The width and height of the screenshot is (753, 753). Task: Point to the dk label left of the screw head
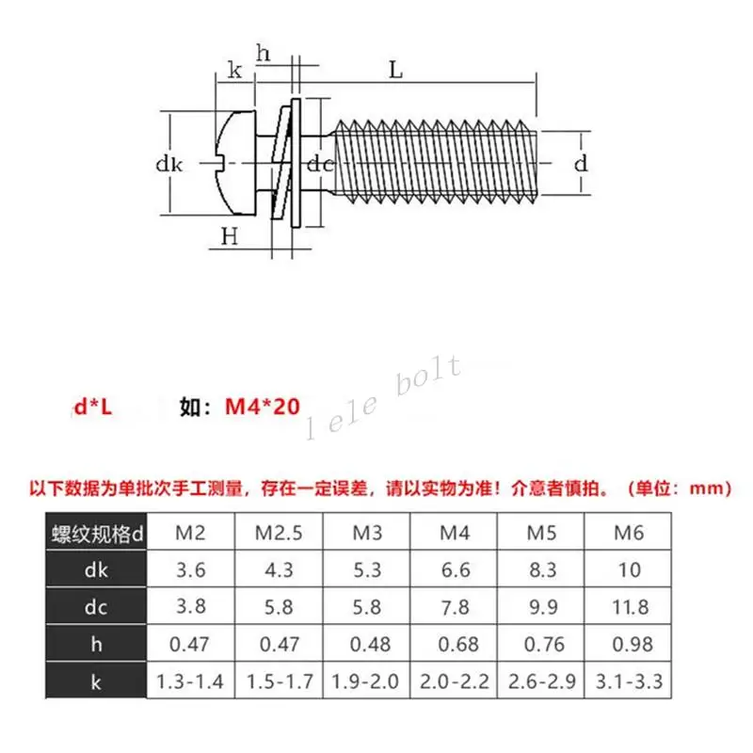coord(168,163)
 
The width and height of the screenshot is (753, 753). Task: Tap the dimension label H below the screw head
coord(229,236)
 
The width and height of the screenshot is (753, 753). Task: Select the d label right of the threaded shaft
coord(582,163)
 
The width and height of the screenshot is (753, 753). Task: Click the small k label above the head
coord(233,70)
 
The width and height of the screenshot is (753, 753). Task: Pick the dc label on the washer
coord(321,164)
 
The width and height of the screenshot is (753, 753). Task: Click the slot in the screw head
coord(224,164)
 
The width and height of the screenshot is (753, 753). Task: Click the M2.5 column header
coord(280,534)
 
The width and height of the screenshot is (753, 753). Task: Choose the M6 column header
coord(630,534)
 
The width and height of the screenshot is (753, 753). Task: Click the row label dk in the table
coord(97,570)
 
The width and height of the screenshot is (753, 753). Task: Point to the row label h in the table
coord(97,645)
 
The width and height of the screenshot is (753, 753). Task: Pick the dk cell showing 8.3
coord(542,570)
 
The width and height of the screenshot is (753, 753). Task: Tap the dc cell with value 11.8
coord(630,608)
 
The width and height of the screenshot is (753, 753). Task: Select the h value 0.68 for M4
coord(455,645)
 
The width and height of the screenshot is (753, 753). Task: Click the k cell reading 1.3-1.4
coord(191,681)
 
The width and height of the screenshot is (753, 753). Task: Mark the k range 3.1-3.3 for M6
coord(630,681)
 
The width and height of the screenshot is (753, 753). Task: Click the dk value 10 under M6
coord(630,570)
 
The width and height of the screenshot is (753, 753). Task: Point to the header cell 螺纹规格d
coord(97,534)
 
